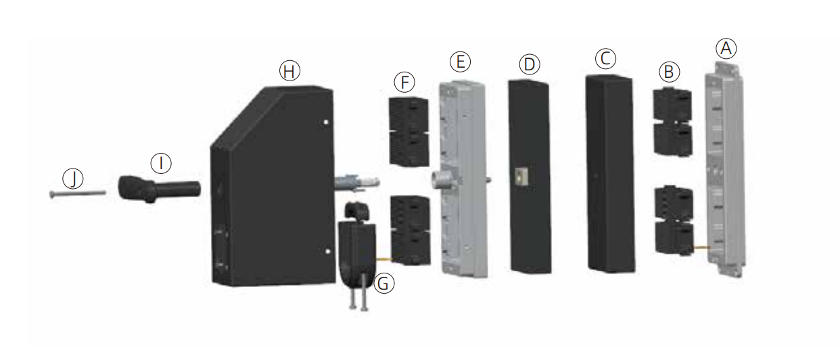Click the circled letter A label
tap(726, 48)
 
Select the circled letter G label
tap(383, 284)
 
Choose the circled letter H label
tap(289, 70)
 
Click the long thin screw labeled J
tap(77, 194)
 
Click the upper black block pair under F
tap(409, 130)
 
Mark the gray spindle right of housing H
tap(356, 181)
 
